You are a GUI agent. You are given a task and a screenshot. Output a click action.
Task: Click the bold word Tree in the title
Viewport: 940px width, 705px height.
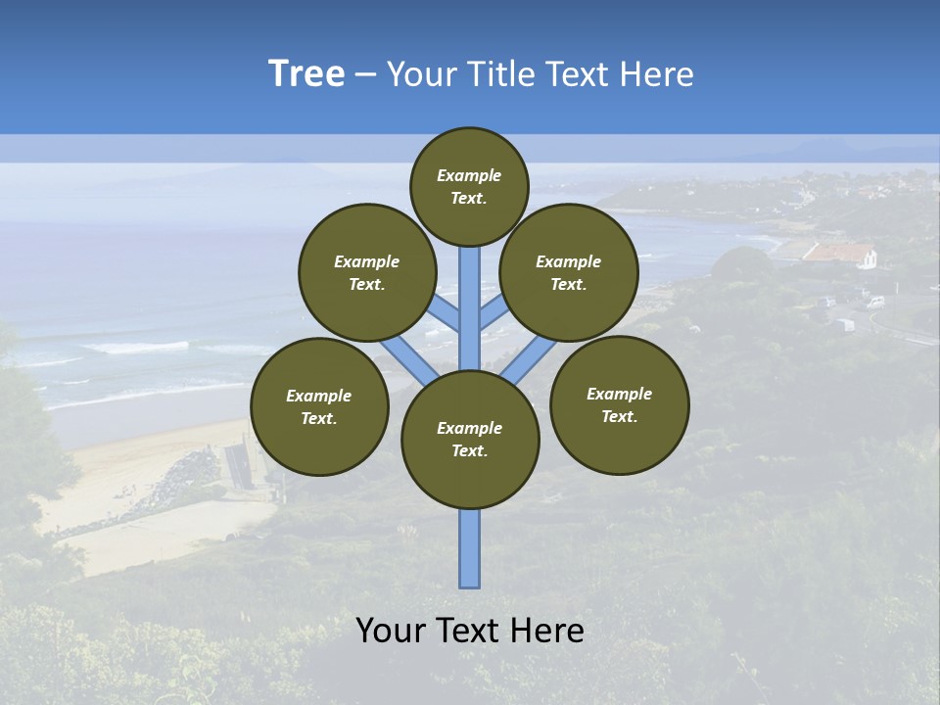[306, 74]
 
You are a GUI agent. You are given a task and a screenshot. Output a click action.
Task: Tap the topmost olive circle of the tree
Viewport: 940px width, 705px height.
[469, 186]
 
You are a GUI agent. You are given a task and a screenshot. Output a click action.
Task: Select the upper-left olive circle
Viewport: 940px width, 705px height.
[367, 272]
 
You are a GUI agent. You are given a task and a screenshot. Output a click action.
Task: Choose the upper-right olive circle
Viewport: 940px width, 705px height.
[569, 272]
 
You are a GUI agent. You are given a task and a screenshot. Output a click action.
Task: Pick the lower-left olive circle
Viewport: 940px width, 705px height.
[319, 406]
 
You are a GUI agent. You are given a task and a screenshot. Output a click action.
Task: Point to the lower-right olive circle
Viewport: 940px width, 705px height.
[619, 404]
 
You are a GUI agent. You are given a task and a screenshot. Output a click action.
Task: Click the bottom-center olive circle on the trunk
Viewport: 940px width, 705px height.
[470, 439]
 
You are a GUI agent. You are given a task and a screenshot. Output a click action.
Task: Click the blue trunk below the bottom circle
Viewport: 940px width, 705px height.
[470, 548]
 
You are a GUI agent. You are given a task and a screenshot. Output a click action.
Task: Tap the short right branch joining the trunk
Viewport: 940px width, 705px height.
[494, 312]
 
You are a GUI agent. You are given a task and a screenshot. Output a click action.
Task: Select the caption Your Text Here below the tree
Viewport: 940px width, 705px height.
[470, 631]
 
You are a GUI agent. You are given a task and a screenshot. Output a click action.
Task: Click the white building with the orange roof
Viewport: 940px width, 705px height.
[838, 255]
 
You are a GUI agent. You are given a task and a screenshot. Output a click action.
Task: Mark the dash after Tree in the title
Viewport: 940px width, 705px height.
[365, 75]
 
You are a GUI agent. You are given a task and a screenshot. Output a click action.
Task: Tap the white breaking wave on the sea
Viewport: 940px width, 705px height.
[137, 348]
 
